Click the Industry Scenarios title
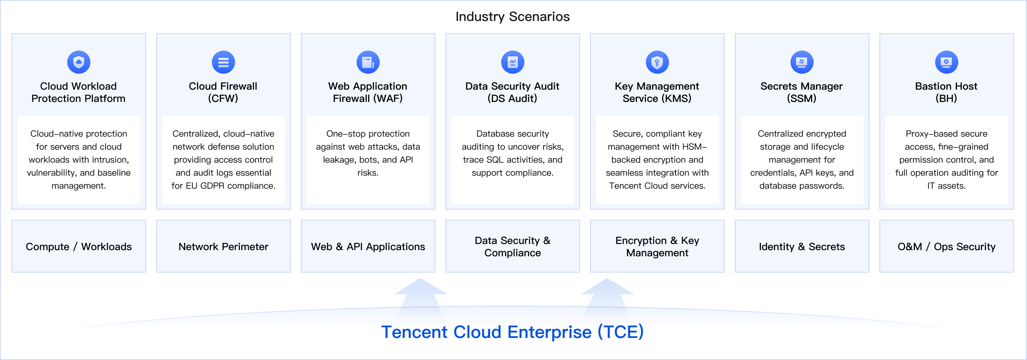512,17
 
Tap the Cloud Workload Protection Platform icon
78,62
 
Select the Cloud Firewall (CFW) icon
223,62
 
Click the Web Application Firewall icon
367,62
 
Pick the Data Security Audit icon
512,62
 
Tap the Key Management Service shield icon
657,62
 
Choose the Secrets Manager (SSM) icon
801,62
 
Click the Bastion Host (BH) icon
946,62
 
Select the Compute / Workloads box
78,247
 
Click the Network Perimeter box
223,247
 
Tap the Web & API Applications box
367,247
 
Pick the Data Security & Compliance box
512,247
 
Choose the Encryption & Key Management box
657,247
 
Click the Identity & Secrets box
801,247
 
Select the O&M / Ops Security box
946,247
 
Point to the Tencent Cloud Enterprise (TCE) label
512,332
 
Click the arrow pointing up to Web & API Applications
421,295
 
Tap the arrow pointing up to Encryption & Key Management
607,295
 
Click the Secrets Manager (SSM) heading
801,92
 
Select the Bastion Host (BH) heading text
946,92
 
